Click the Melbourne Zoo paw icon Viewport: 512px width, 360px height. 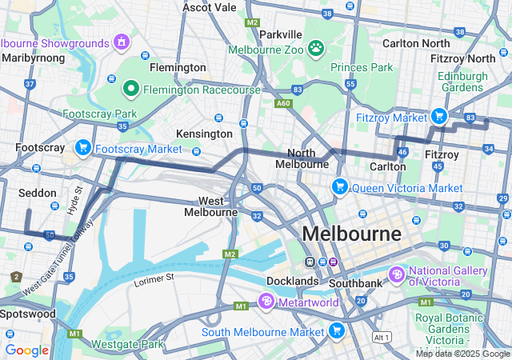pos(317,49)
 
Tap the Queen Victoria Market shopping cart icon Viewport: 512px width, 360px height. pos(340,187)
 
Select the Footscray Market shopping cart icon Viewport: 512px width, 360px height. pos(82,148)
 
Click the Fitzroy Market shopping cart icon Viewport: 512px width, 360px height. pos(438,117)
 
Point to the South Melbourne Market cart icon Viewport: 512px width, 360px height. pos(337,330)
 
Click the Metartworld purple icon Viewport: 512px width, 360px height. pos(266,302)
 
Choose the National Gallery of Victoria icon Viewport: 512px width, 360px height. pos(397,274)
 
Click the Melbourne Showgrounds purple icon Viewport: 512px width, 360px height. pos(121,42)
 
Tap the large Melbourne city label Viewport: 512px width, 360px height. pos(351,234)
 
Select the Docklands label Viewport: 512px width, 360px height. pos(292,281)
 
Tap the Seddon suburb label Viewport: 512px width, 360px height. pos(38,193)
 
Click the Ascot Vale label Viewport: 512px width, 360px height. pos(210,7)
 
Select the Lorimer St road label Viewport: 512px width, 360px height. pos(154,278)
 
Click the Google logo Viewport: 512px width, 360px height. pos(26,350)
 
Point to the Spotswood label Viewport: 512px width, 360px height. pos(28,314)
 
